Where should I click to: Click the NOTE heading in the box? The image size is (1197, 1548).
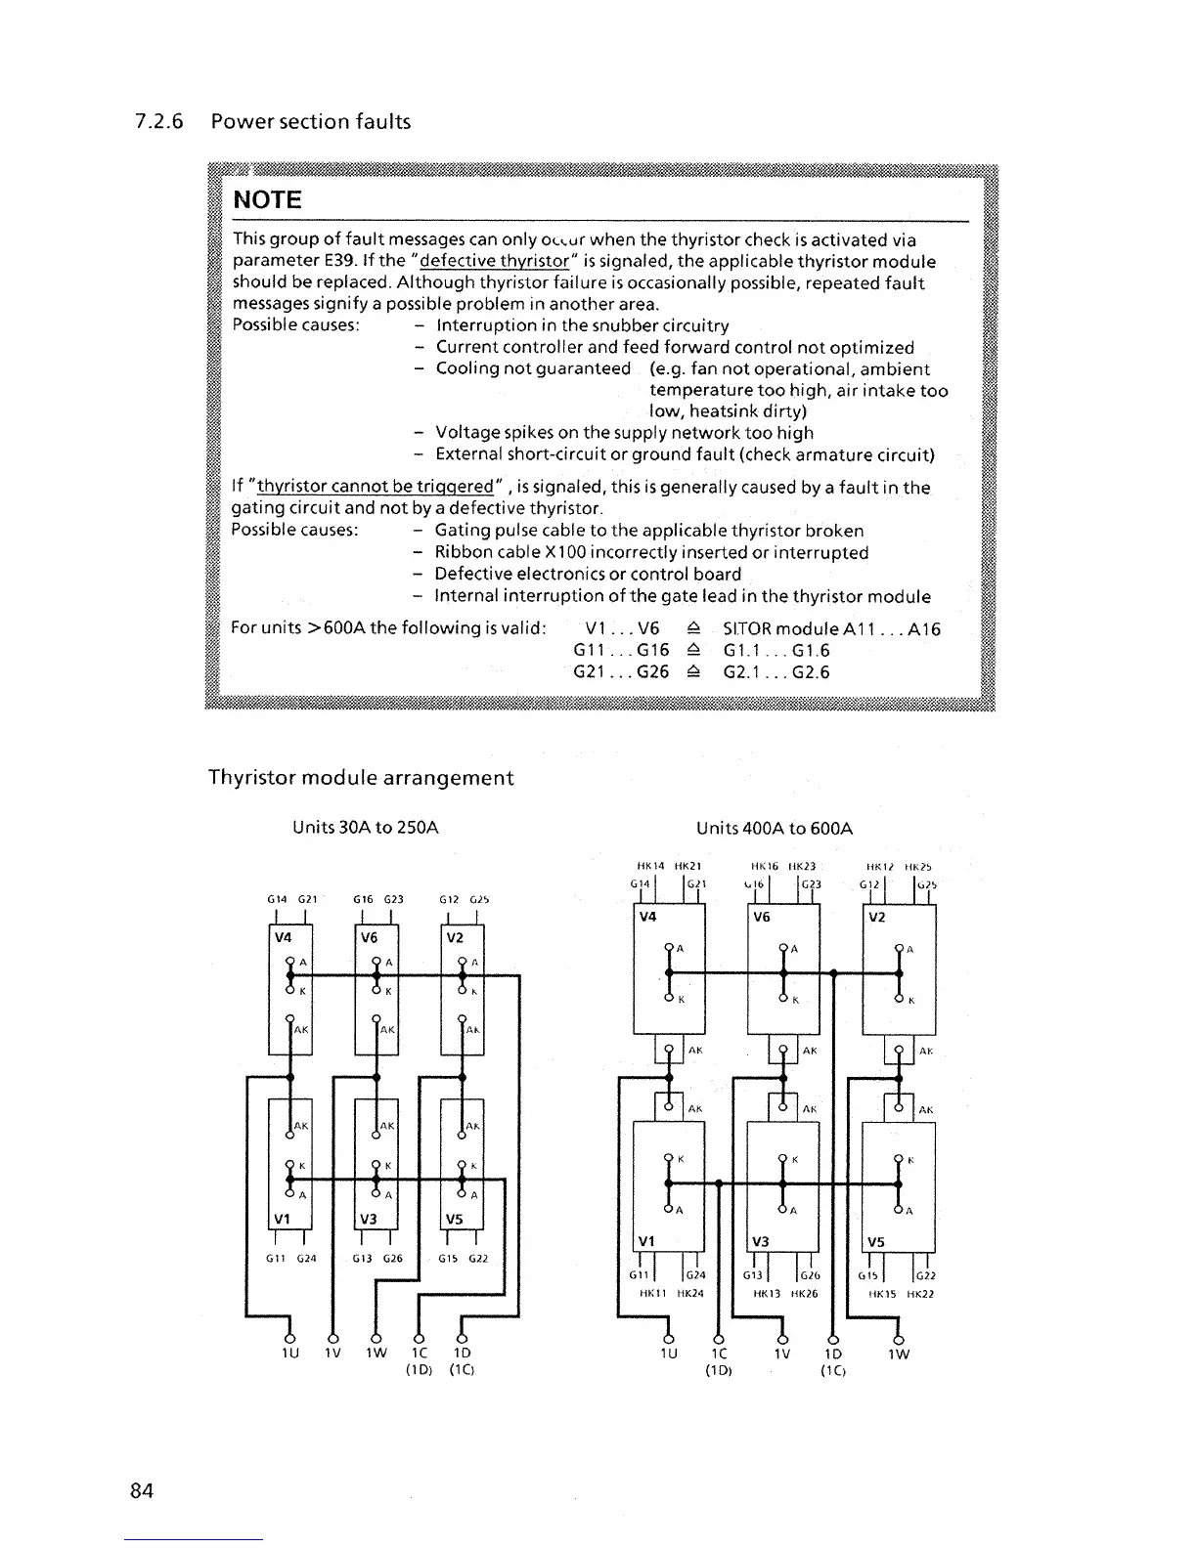pos(267,199)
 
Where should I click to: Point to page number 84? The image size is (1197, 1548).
pos(142,1490)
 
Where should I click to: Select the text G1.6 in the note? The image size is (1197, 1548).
pos(811,651)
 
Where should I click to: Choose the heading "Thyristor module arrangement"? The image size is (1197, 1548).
pos(361,778)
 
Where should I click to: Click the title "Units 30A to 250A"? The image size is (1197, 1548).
pos(366,828)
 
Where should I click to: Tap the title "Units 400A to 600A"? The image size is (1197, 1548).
pos(775,829)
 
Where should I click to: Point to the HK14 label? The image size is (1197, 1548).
pos(650,866)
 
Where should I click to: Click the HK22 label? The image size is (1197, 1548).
pos(916,1294)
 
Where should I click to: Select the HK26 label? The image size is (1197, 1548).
pos(803,1294)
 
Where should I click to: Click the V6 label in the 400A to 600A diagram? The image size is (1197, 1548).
pos(761,917)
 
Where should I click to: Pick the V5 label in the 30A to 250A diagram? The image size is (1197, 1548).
pos(455,1218)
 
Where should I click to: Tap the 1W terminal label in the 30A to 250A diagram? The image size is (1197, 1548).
pos(377,1354)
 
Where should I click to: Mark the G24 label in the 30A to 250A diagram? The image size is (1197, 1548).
pos(306,1259)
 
